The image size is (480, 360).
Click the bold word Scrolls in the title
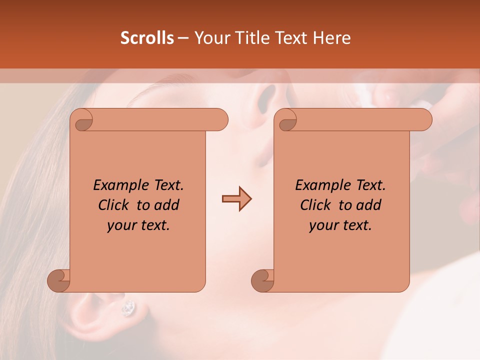pos(147,38)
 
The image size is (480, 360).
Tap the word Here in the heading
pos(331,38)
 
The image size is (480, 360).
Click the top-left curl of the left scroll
pos(83,120)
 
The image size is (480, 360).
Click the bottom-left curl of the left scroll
pos(58,280)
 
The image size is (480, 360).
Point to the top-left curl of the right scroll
pos(287,120)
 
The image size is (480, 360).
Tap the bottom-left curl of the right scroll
pos(262,280)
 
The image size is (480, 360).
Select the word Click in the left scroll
pos(113,205)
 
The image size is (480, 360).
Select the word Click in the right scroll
pos(315,205)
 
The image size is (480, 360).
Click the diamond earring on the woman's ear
pos(128,307)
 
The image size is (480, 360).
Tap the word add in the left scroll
pos(167,205)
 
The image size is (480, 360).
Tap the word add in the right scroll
pos(369,205)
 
